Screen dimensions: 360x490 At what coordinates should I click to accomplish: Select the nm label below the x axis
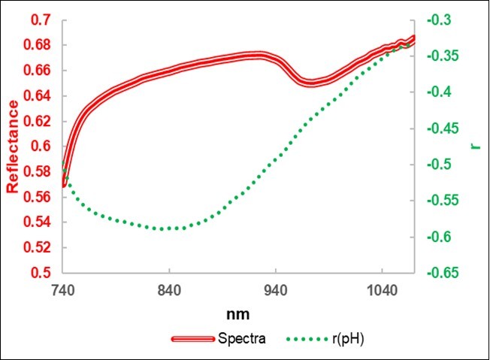(x=239, y=311)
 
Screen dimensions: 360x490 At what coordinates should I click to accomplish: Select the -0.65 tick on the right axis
(x=443, y=273)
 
